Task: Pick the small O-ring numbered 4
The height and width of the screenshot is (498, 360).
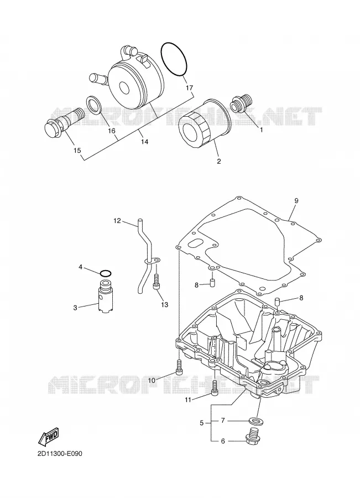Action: tap(106, 273)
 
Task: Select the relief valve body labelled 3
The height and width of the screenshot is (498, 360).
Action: tap(105, 295)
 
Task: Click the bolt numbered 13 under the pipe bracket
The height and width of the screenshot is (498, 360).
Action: tap(156, 282)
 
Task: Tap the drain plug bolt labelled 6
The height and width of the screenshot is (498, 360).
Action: tap(253, 435)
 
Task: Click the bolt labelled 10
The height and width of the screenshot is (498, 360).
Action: tap(179, 367)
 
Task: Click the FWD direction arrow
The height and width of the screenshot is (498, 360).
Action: tap(49, 434)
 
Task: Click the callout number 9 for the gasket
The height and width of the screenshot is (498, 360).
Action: tap(296, 200)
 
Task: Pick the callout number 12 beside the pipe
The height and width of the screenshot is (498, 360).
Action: tap(117, 220)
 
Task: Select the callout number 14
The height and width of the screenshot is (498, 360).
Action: tap(144, 142)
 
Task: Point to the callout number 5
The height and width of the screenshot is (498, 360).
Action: tap(202, 423)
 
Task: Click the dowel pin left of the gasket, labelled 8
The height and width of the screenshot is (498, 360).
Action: tap(212, 283)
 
